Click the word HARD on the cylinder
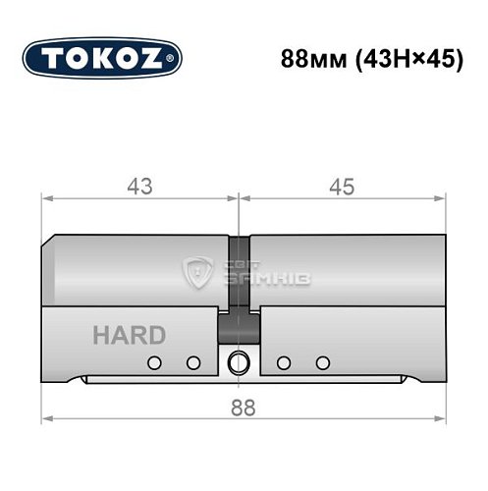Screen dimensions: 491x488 (129, 335)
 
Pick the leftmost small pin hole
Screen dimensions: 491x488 (153, 363)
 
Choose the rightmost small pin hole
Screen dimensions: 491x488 (320, 363)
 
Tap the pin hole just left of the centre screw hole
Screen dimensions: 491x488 (193, 363)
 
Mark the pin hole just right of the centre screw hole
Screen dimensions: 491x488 (283, 363)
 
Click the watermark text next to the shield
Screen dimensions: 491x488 (252, 273)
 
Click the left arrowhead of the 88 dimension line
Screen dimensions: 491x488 (46, 419)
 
